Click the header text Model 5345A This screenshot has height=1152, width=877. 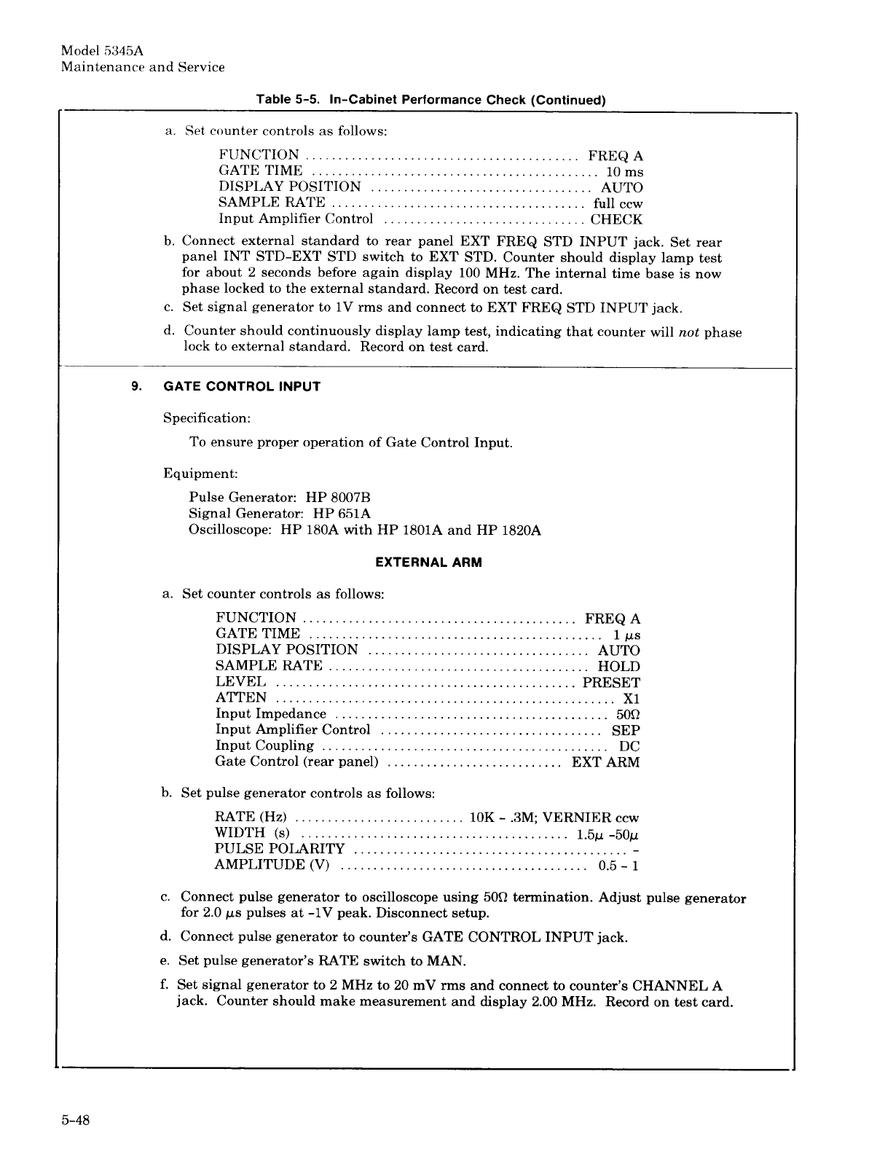103,51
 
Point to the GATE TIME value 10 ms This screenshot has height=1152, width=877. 625,172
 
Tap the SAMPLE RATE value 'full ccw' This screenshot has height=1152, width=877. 618,204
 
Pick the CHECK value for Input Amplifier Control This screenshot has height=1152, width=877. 616,219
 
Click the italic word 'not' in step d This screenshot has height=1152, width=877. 688,332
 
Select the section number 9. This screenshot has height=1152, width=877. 136,386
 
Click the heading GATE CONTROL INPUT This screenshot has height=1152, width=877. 242,386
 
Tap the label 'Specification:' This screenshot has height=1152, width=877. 207,418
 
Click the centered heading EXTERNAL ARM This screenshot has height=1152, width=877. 428,563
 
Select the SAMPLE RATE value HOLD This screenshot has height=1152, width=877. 618,667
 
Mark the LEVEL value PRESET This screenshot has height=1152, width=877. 611,683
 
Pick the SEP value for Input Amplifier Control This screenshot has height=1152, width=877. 626,730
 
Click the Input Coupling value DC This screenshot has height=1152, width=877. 629,746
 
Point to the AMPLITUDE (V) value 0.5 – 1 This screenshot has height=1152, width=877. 618,866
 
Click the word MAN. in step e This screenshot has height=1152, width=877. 446,961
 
